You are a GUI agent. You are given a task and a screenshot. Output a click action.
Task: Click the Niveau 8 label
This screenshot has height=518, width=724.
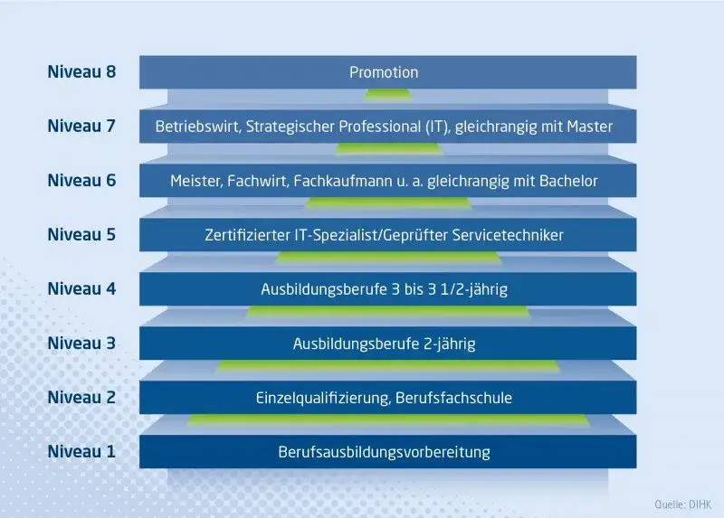pos(81,71)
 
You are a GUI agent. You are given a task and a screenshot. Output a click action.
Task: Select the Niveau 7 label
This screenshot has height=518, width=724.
pos(81,126)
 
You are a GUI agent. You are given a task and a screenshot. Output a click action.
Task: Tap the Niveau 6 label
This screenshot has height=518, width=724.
pos(81,180)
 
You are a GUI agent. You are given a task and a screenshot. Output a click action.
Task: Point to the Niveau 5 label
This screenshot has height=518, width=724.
pos(81,234)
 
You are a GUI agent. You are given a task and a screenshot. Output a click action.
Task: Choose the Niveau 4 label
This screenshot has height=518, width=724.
pos(81,288)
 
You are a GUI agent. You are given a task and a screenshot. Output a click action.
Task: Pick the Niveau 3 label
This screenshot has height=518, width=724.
pos(81,343)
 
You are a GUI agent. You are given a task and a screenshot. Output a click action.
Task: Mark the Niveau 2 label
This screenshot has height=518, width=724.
pos(81,397)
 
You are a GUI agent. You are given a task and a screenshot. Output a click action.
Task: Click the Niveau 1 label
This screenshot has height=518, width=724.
pos(81,451)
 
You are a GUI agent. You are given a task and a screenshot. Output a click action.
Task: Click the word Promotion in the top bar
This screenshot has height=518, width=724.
pos(384,72)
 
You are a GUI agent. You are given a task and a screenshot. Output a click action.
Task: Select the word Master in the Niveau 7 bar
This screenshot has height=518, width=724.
pos(589,127)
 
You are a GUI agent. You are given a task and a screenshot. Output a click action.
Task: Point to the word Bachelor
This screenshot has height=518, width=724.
pos(567,181)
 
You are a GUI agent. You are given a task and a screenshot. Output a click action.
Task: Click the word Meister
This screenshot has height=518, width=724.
pos(195,181)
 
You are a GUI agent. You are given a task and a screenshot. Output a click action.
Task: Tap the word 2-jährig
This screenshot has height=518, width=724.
pos(447,344)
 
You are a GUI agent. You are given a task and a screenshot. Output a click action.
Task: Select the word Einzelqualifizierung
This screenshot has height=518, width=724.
pos(322,399)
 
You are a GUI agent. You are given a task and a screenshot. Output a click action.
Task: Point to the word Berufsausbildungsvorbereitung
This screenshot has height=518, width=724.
pos(384,452)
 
